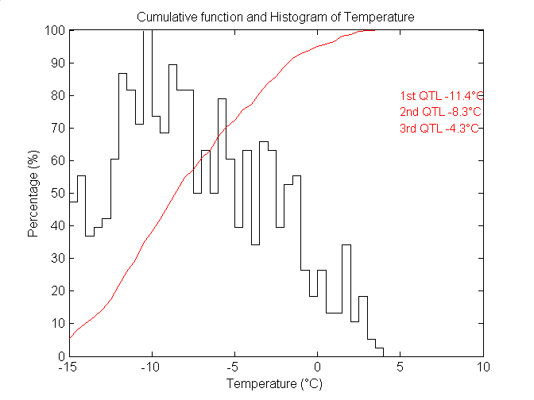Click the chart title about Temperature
pos(275,17)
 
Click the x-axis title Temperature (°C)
pos(275,383)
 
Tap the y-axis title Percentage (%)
pos(33,193)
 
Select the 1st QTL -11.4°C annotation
pos(441,94)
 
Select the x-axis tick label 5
pos(400,367)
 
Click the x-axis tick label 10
pos(483,367)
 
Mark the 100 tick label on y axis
pos(55,30)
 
